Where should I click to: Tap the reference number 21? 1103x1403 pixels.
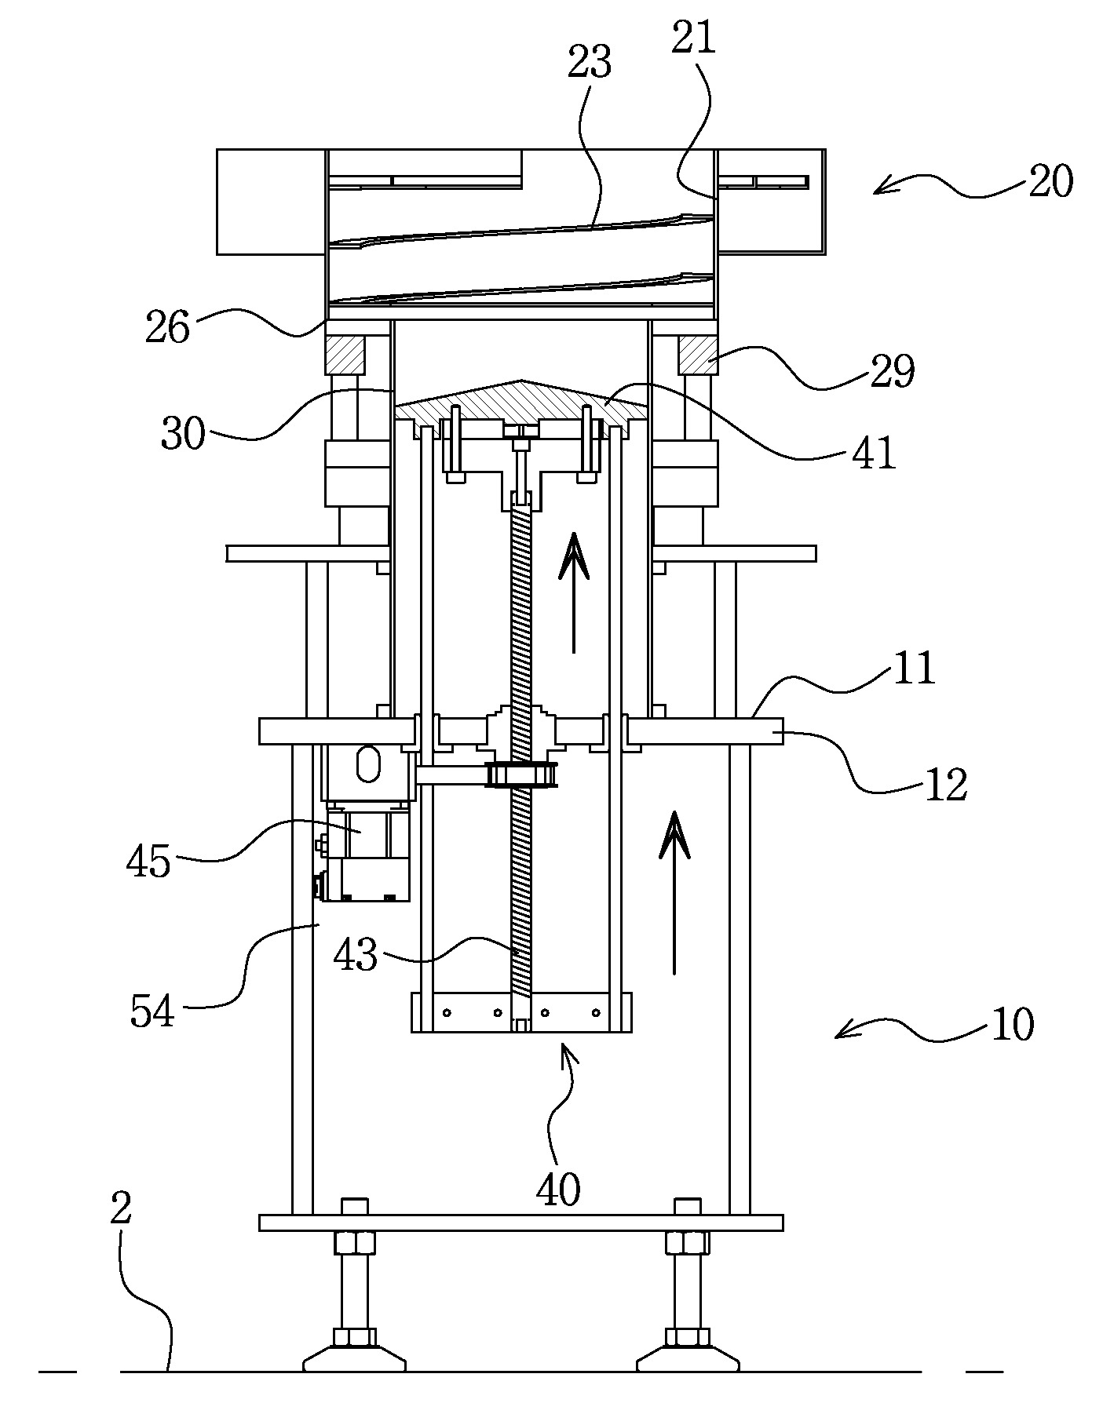pos(694,37)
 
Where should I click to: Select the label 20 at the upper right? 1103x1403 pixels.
pos(1049,181)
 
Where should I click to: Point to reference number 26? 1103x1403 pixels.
pos(167,327)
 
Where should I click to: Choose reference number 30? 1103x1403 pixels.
pos(182,433)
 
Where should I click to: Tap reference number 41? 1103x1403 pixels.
pos(874,453)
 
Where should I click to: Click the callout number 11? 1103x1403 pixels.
pos(914,669)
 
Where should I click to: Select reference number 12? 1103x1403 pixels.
pos(945,784)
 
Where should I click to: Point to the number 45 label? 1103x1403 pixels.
pos(148,862)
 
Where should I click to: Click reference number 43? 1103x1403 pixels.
pos(356,956)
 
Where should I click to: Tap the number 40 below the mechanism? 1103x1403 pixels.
pos(559,1189)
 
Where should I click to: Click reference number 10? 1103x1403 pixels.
pos(1013,1025)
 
